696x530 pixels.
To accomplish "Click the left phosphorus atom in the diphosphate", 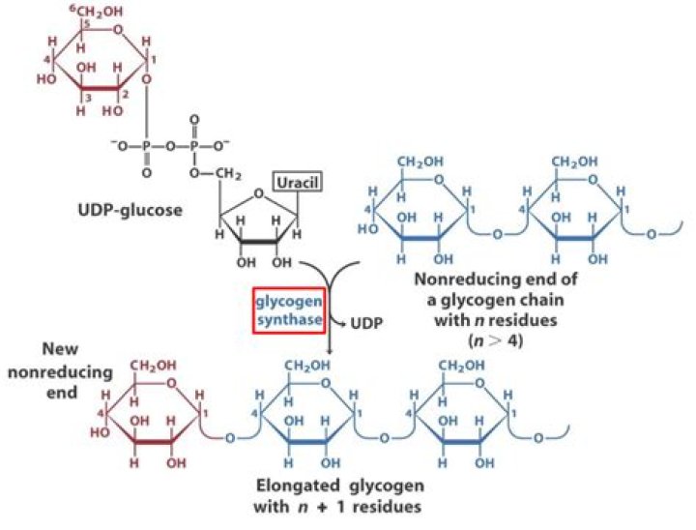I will pos(147,146).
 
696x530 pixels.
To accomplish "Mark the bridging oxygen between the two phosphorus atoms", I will pos(171,146).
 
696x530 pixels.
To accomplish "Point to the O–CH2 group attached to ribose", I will pos(207,172).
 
